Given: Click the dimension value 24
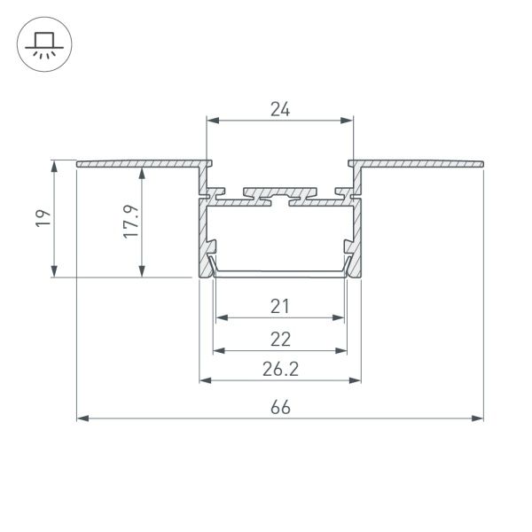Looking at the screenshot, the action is tap(280, 109).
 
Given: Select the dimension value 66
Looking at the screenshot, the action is tap(280, 408).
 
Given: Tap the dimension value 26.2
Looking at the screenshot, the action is tap(280, 369).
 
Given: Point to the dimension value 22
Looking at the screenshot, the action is tap(280, 340).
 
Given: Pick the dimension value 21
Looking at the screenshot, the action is tap(280, 307).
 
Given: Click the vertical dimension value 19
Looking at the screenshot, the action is tap(43, 218).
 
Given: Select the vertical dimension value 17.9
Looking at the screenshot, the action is tap(131, 222).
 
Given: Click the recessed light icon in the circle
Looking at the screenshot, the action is tap(44, 45).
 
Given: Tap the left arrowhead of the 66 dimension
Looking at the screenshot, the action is tap(82, 419).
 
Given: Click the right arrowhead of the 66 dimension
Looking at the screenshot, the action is tap(477, 419).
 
